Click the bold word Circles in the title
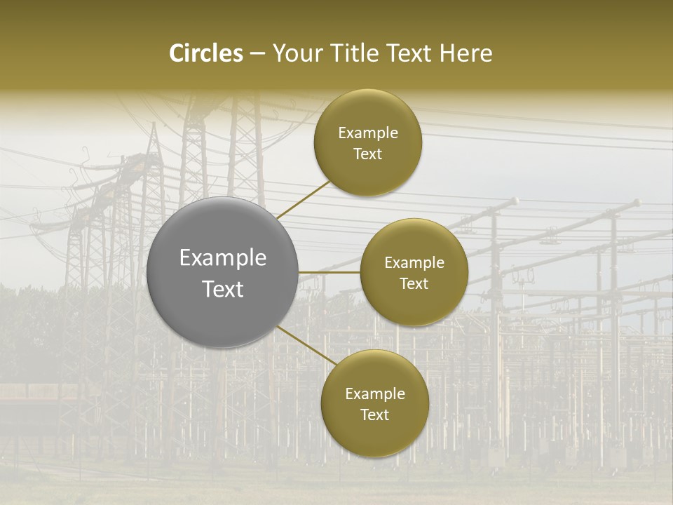coord(206,53)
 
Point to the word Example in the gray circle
coord(223,258)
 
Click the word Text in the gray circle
coord(223,289)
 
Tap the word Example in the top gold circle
coord(368,133)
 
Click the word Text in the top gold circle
coord(368,154)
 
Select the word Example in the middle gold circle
coord(414,262)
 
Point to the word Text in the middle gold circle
coord(414,283)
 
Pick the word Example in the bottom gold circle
coord(374,393)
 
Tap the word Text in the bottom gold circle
coord(374,415)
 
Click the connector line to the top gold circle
coord(304,198)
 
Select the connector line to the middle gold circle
coord(329,272)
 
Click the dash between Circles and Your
coord(257,54)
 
